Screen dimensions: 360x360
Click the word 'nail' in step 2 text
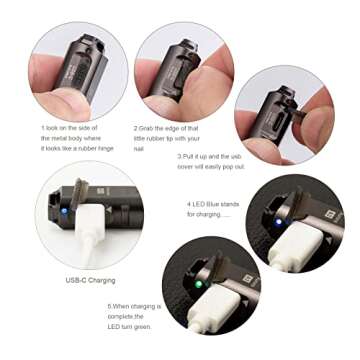[139, 148]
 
